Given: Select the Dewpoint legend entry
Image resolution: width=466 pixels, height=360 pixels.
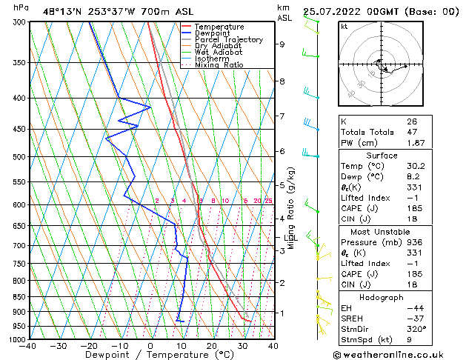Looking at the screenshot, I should point(213,33).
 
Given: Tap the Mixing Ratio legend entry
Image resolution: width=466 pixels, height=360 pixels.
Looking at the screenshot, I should point(219,65).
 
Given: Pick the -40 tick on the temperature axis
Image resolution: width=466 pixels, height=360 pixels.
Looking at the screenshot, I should point(28,346).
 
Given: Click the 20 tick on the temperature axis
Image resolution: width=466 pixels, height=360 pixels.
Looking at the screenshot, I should point(212,346).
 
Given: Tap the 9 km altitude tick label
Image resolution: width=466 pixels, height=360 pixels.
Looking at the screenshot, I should point(282,44).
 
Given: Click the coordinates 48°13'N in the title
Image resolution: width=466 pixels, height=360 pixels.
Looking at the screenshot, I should point(62,11).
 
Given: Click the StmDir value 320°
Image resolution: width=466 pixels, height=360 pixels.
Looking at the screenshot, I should point(416,329).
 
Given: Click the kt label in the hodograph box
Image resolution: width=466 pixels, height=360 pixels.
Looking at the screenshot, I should point(344,27).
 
